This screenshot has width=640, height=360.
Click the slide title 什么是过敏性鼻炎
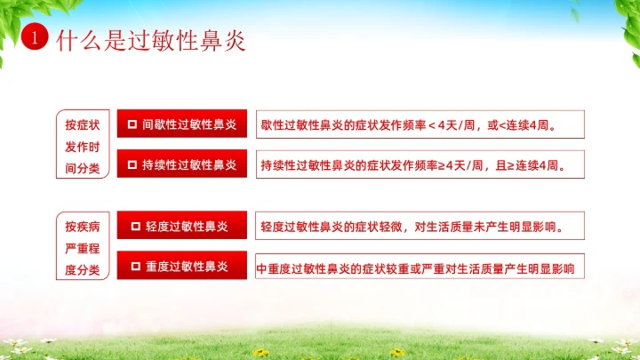(149, 40)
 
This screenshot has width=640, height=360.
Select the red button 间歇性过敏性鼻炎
(181, 124)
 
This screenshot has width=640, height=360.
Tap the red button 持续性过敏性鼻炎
(181, 164)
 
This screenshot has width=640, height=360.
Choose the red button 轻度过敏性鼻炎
(181, 226)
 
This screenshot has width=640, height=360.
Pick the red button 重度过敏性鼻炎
(181, 266)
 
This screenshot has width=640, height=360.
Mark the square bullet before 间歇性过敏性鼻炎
(132, 124)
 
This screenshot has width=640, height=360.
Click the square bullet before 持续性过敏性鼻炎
(132, 164)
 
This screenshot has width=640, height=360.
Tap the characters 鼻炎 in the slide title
(226, 40)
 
